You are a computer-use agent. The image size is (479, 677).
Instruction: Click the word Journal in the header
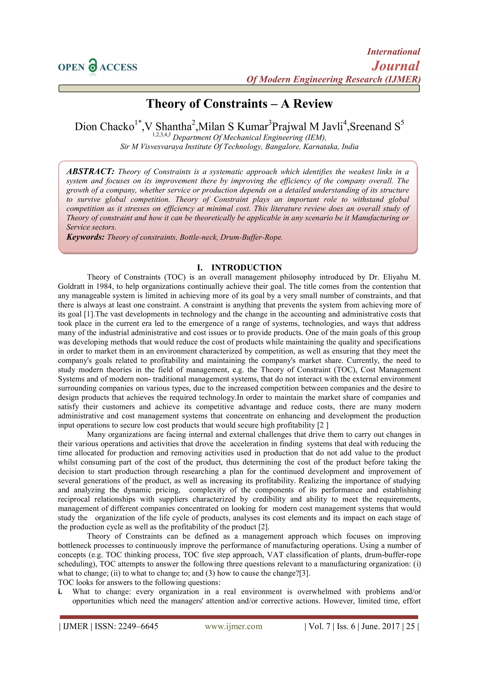point(395,66)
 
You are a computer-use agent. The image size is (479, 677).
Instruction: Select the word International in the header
point(393,52)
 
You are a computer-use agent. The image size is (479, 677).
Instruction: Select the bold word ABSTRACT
point(90,172)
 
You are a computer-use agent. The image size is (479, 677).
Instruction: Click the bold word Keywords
point(85,237)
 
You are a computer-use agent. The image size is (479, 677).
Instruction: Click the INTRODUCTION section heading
point(246,268)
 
